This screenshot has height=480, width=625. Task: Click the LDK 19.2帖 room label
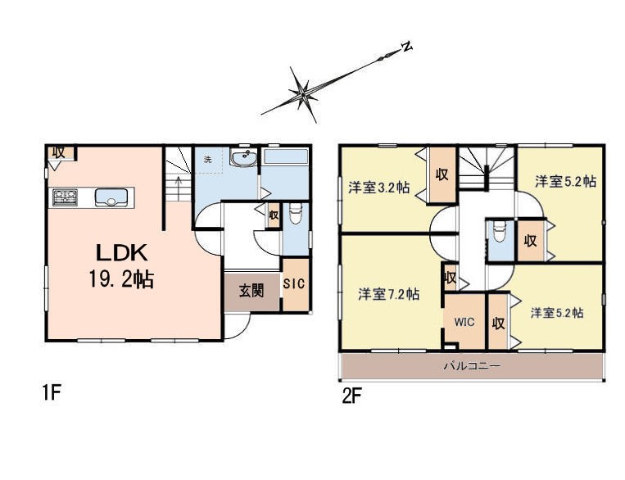(121, 265)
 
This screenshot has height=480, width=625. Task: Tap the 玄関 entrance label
(251, 291)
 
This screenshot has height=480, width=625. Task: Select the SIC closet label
(294, 283)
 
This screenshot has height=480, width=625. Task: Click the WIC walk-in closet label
(464, 321)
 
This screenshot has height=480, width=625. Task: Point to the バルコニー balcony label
(472, 365)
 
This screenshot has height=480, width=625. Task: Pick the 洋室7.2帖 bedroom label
(388, 294)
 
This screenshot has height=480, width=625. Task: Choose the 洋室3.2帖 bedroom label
(378, 188)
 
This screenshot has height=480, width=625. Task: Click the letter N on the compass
(406, 46)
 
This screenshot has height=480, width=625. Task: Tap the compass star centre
(303, 95)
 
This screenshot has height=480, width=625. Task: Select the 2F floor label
(351, 396)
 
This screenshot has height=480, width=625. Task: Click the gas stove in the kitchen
(65, 197)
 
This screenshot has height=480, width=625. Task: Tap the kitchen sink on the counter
(111, 197)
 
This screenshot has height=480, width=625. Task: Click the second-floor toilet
(500, 231)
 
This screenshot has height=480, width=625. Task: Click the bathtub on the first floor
(285, 156)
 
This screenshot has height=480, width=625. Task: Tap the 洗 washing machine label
(207, 161)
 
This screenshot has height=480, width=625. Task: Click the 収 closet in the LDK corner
(59, 152)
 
